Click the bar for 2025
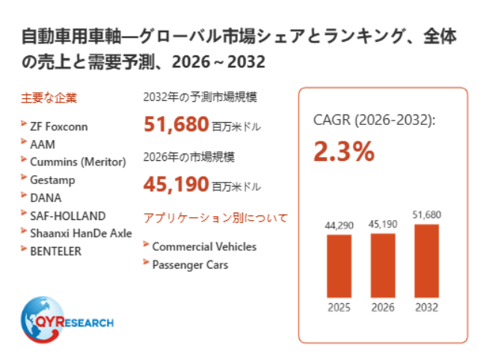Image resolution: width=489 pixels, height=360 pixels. pos(339,266)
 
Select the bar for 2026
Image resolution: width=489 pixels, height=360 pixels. pos(383,266)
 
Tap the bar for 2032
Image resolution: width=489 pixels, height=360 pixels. pos(427,260)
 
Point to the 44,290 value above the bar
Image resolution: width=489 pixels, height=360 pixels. pos(339,225)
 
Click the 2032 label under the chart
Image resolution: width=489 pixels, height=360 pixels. pos(427,308)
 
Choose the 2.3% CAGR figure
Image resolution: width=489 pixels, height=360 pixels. pos(344,151)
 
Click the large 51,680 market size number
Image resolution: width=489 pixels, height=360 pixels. pos(176,124)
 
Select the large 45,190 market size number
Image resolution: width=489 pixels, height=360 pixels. pos(176,184)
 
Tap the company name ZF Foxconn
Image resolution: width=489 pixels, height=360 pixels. pos(59,126)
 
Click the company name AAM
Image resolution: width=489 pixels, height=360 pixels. pos(43,144)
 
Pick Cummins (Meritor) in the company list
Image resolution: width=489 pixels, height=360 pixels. pos(78,162)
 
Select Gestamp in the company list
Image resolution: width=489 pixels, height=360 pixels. pos(52,180)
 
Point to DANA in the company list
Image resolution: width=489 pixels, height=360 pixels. pos(46,198)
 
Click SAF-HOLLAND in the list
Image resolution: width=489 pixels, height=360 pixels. pos(68,216)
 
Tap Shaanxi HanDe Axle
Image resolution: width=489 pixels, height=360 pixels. pos(81,234)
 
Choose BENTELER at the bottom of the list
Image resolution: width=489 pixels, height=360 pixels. pos(56,251)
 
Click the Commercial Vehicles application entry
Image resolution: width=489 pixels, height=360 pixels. pos(205,247)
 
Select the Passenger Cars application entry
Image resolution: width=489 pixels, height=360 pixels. pos(190,265)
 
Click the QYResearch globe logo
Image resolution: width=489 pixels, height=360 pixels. pos(67,320)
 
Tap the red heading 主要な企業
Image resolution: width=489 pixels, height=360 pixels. pos(49,98)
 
